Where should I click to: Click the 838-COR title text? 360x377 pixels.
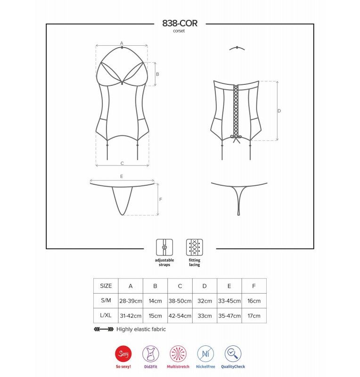coord(180,23)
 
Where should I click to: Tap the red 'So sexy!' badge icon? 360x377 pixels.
coord(123,354)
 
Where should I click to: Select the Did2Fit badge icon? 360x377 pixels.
coord(150,354)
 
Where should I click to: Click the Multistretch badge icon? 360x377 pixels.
coord(178,354)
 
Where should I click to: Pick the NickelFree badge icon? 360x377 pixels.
coord(205,354)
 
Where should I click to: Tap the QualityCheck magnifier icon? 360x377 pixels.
coord(233,354)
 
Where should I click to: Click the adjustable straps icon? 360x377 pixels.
coord(164,247)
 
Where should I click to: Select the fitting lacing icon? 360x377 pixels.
coord(194,247)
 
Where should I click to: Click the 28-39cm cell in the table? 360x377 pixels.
coord(131,301)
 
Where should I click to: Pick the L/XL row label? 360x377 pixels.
coord(106,315)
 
